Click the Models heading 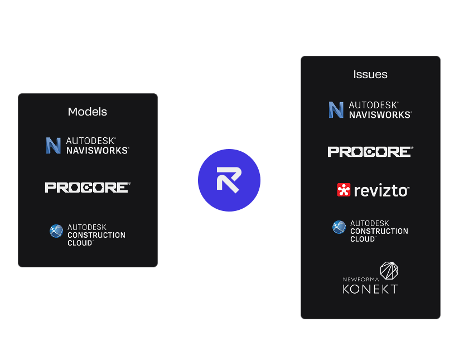(x=87, y=112)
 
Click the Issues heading (x=370, y=74)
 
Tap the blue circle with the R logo (x=229, y=180)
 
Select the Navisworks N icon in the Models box (x=54, y=146)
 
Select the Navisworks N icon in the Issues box (x=336, y=110)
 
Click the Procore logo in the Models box (x=87, y=188)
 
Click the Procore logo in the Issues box (x=370, y=151)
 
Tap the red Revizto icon (x=344, y=190)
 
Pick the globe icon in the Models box (x=56, y=231)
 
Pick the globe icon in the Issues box (x=339, y=227)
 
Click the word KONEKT (x=370, y=289)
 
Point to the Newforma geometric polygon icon (x=388, y=271)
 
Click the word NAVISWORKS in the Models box (x=97, y=150)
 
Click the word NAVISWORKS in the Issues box (x=380, y=114)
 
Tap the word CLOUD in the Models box (x=80, y=243)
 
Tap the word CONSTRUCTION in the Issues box (x=379, y=231)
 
